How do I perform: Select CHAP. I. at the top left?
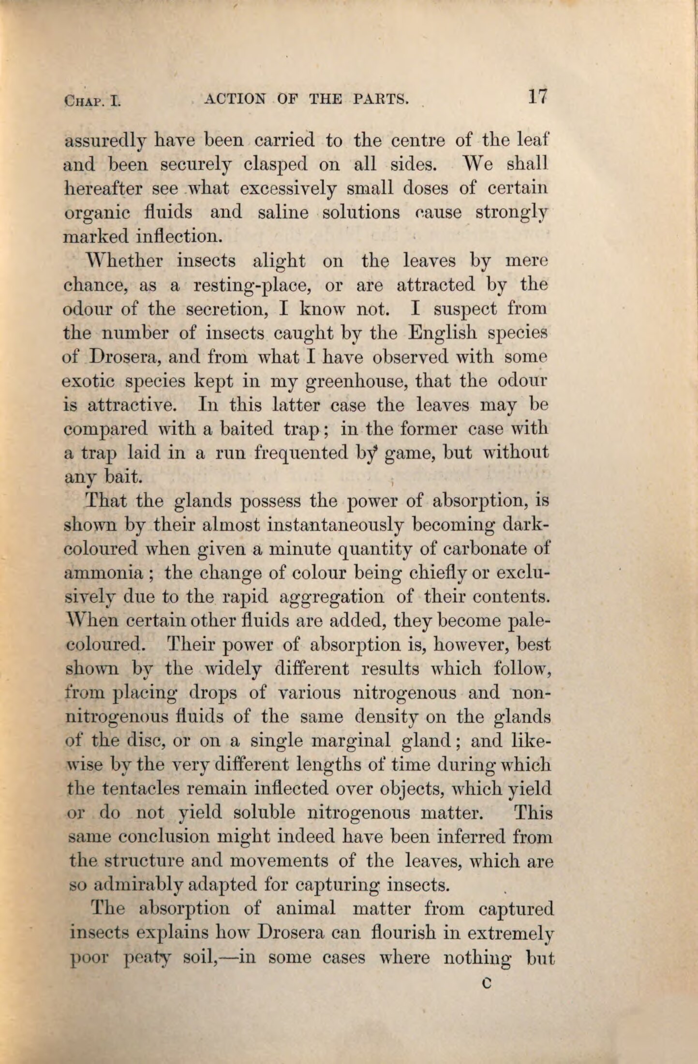click(92, 101)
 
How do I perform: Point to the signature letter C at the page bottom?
click(487, 982)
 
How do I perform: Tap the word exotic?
click(88, 382)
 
